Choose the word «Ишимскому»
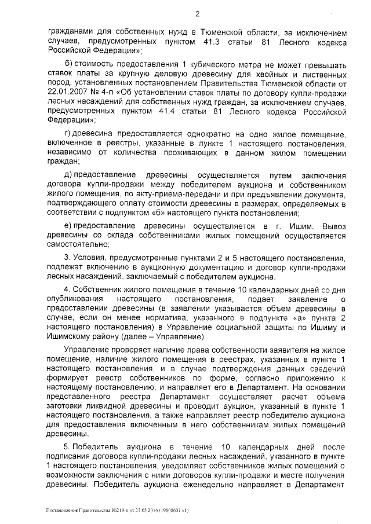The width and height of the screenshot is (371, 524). [70, 336]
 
